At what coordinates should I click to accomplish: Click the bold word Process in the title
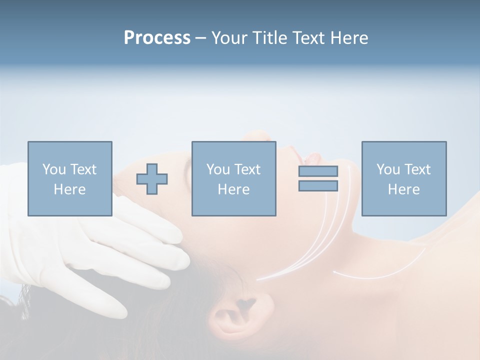pyautogui.click(x=157, y=38)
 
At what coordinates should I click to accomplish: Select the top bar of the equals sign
pyautogui.click(x=318, y=171)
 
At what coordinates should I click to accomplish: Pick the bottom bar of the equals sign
pyautogui.click(x=318, y=186)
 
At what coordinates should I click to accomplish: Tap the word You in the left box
pyautogui.click(x=54, y=169)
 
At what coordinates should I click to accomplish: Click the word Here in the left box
pyautogui.click(x=69, y=189)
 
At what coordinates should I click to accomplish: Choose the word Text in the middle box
pyautogui.click(x=247, y=169)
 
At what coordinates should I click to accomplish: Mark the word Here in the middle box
pyautogui.click(x=233, y=189)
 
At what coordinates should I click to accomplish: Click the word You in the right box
pyautogui.click(x=388, y=169)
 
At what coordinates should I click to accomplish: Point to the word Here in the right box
pyautogui.click(x=403, y=189)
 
